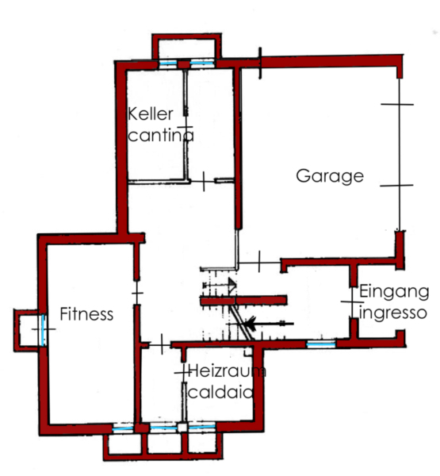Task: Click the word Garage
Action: click(330, 176)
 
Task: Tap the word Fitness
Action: click(86, 314)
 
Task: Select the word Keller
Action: click(151, 114)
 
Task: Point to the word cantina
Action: click(161, 135)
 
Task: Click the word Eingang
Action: click(394, 293)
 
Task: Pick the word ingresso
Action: click(393, 313)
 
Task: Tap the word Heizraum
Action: click(227, 371)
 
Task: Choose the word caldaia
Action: click(220, 392)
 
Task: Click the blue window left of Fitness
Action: click(44, 330)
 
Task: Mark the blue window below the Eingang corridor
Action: click(321, 344)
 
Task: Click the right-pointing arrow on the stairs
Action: click(220, 285)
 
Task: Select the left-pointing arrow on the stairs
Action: click(269, 324)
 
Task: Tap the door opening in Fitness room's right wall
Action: click(137, 293)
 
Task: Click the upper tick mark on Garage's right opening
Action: click(397, 104)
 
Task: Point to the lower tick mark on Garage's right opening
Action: click(396, 185)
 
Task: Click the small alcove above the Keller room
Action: click(186, 46)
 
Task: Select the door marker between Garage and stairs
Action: click(259, 262)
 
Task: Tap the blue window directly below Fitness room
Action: click(123, 428)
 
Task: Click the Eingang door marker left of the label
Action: click(352, 302)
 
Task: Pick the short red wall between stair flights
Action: click(243, 301)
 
